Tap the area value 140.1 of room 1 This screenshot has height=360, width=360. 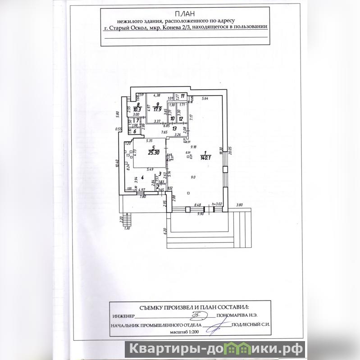point(207,158)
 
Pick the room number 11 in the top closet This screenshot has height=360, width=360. point(182,96)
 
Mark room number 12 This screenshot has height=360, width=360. point(181,118)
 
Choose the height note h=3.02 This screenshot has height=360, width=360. point(218,204)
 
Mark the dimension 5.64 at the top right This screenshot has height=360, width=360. point(205,98)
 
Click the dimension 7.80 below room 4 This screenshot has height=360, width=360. point(143,197)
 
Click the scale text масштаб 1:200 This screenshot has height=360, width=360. point(184,332)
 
